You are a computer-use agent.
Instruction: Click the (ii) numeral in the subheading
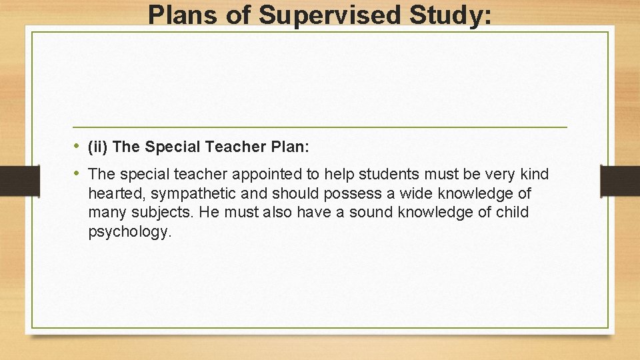tap(98, 147)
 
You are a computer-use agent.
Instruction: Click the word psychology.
tap(129, 232)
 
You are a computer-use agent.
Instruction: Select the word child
tap(511, 213)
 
